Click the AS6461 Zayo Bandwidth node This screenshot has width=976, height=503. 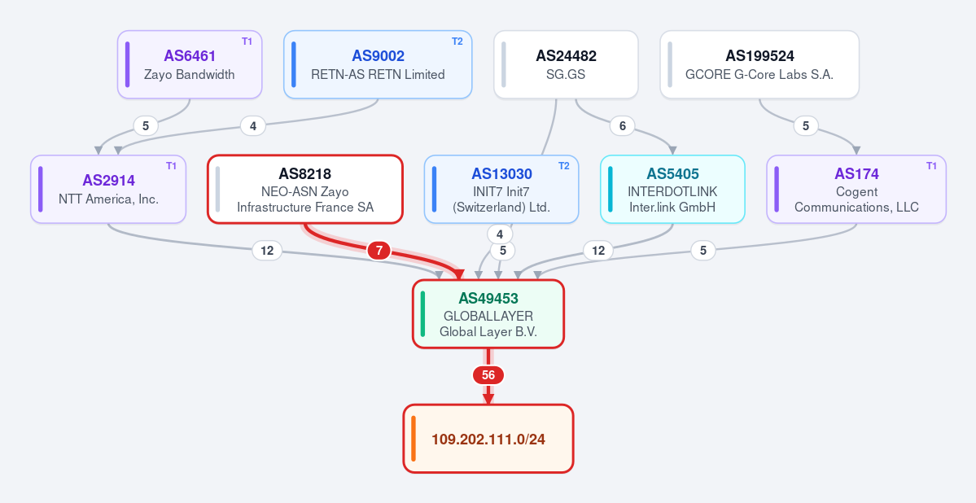(190, 65)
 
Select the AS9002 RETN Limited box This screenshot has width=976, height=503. (378, 65)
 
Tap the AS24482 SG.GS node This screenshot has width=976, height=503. (566, 65)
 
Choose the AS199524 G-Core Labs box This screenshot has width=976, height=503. (759, 65)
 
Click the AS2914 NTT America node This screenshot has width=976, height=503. (108, 190)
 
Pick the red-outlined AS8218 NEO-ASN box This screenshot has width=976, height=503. (305, 190)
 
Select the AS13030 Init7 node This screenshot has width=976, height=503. (501, 190)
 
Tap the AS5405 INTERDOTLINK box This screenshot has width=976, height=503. (672, 190)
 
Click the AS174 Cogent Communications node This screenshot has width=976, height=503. (856, 190)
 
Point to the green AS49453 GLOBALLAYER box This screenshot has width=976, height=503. (488, 313)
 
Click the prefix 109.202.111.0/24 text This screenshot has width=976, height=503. (488, 440)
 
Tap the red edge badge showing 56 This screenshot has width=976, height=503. (488, 375)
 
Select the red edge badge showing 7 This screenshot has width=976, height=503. (379, 251)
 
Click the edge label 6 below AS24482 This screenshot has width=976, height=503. (623, 126)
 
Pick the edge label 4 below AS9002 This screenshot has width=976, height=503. (252, 126)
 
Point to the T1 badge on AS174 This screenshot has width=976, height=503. (931, 166)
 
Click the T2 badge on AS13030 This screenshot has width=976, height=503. (563, 166)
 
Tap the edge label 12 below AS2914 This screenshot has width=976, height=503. (267, 251)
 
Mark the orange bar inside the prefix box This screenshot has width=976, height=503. (414, 439)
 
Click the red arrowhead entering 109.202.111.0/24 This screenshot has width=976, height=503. (488, 399)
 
